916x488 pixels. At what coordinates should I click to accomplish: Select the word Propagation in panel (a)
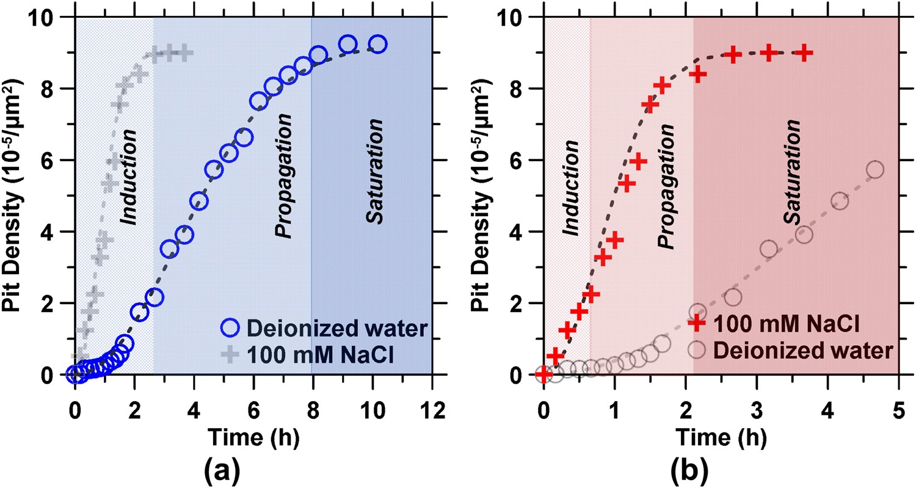click(282, 183)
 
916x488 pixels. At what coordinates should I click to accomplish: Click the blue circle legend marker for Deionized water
click(230, 329)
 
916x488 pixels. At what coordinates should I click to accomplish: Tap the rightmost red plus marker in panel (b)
click(805, 53)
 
